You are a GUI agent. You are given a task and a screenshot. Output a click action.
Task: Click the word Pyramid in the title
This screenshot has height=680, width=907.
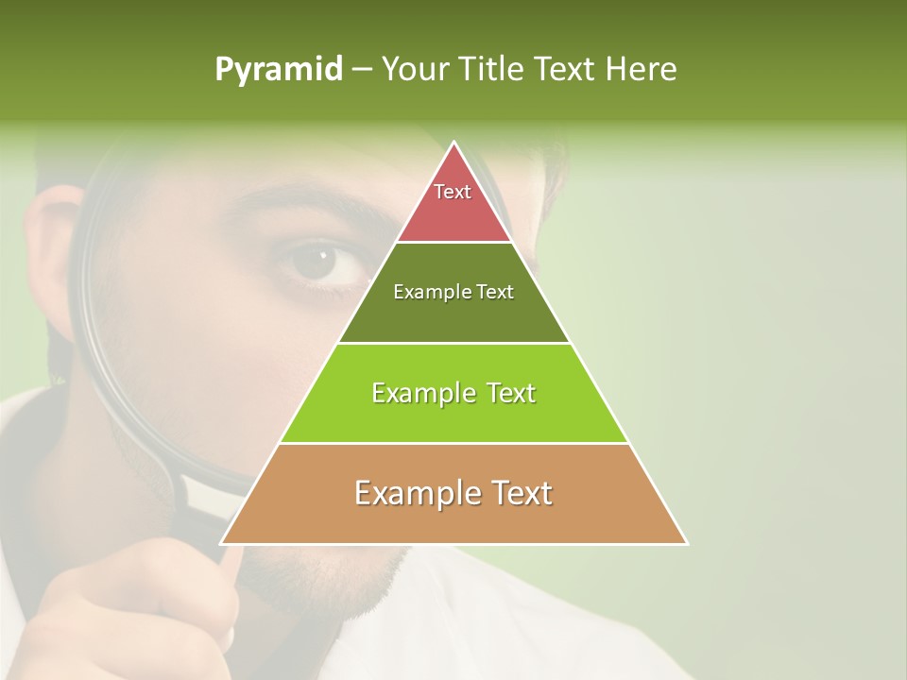coord(278,70)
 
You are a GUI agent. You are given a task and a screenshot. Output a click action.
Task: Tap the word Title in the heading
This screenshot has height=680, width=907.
coord(494,70)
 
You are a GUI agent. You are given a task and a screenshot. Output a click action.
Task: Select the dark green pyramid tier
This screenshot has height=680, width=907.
coord(453,316)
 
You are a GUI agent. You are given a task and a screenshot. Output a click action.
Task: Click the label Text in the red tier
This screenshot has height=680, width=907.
coord(453,192)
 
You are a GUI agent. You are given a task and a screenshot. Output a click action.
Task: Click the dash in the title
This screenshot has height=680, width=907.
coord(361,70)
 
